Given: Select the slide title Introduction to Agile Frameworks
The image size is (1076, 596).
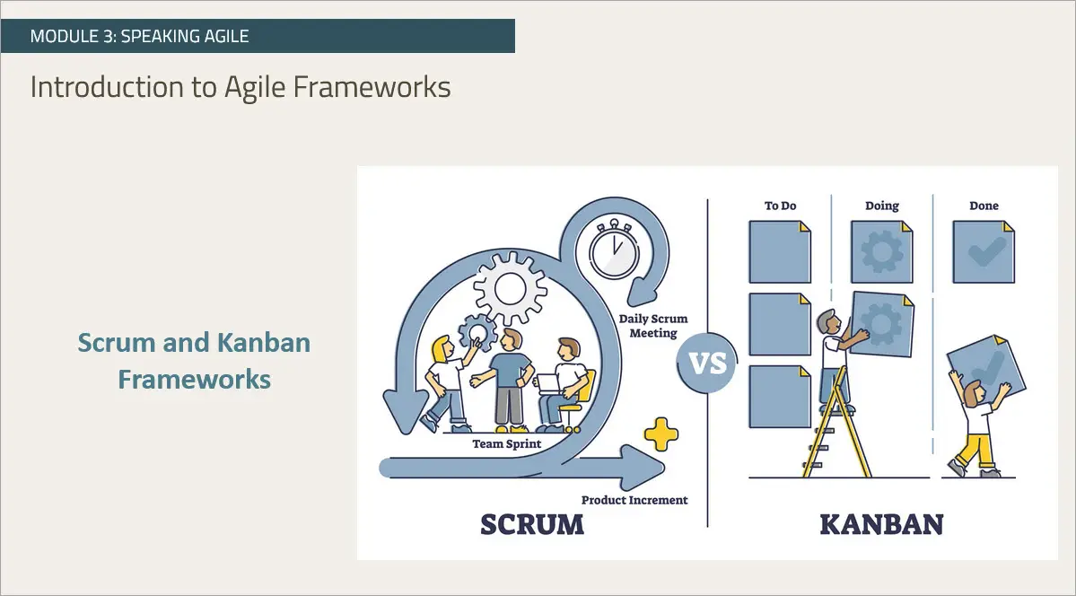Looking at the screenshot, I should (x=241, y=87).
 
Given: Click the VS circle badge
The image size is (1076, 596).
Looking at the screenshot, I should (x=706, y=365).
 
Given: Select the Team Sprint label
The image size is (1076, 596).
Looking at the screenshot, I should (x=506, y=443).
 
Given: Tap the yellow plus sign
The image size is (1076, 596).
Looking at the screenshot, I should (x=661, y=434).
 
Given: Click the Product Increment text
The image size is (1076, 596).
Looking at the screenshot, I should (x=634, y=500).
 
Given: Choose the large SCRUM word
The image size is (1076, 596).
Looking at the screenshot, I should (x=531, y=524).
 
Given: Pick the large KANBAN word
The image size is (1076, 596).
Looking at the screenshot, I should (x=881, y=524).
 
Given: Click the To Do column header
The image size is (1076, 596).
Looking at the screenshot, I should (x=780, y=206).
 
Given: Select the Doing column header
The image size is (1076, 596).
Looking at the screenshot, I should (x=881, y=206).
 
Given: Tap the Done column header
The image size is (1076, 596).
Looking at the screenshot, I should (x=984, y=206).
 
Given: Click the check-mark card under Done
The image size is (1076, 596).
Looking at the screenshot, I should (x=984, y=252).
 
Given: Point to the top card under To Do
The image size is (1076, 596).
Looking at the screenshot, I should (x=779, y=252).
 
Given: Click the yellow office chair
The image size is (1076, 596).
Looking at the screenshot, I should (x=582, y=395).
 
